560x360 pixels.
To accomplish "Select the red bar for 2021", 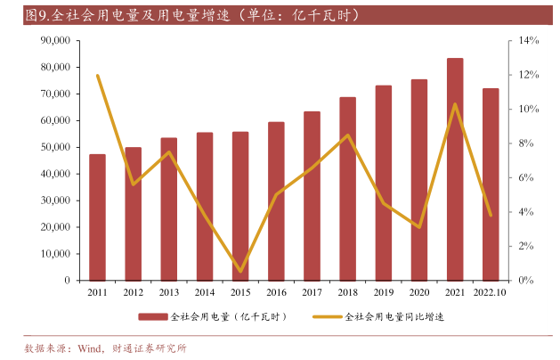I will click(455, 169).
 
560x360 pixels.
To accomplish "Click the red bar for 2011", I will click(97, 217).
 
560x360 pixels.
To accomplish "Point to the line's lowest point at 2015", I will click(240, 271).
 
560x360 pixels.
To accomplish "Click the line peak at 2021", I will click(455, 104).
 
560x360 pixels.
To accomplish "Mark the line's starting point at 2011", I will click(97, 76).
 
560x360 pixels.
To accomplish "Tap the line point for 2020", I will click(419, 226).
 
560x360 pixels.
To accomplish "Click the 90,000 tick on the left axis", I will click(55, 41).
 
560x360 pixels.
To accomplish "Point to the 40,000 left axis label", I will click(55, 174).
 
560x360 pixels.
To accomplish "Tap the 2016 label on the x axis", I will click(276, 292).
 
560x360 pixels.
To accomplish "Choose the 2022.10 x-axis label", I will click(491, 292).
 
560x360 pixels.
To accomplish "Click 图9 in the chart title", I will click(37, 15).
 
